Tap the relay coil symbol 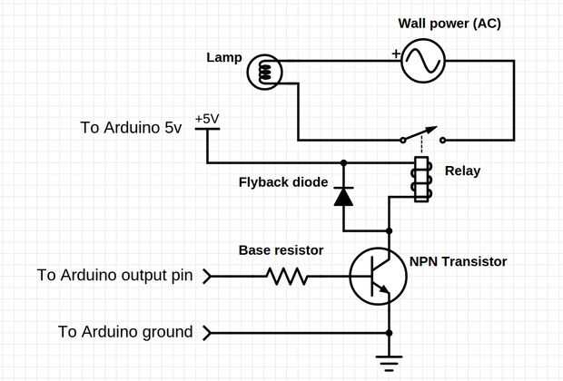420,180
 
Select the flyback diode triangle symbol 343,196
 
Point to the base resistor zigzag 287,276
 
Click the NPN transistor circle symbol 378,277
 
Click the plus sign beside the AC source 396,54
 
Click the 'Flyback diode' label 283,181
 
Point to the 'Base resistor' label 281,249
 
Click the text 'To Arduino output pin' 114,275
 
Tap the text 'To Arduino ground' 125,332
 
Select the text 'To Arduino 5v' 132,127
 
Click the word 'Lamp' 224,58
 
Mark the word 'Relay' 462,171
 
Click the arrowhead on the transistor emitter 384,291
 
